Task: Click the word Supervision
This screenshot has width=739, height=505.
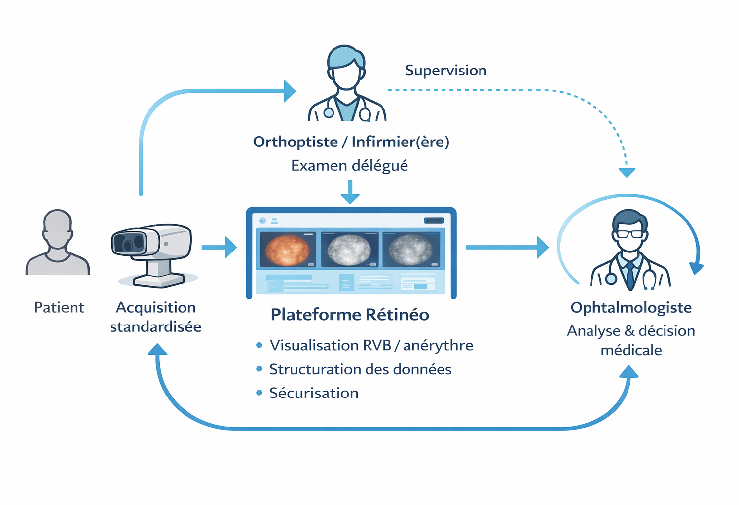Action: click(445, 71)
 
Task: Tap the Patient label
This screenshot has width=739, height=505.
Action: click(59, 307)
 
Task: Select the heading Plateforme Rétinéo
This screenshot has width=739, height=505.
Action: click(350, 314)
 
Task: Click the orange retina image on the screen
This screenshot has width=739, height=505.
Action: click(287, 250)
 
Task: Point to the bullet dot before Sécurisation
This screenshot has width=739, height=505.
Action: click(259, 393)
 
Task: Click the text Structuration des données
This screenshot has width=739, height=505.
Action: click(360, 369)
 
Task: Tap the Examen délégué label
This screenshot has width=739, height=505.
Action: click(349, 166)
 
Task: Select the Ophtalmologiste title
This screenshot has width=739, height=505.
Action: click(631, 308)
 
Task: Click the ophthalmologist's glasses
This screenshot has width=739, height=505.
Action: click(630, 234)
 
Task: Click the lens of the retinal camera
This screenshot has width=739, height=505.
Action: click(128, 245)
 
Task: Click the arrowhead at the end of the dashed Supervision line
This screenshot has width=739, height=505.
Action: click(627, 172)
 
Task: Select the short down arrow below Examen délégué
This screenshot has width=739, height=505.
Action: click(350, 192)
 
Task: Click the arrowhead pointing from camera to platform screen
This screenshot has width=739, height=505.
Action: click(230, 247)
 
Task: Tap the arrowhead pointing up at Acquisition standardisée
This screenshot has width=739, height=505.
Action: click(157, 349)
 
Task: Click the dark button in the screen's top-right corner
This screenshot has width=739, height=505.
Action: click(434, 220)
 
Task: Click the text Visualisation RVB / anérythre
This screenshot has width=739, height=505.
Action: click(371, 345)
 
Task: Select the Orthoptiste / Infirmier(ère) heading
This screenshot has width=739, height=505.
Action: click(351, 142)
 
